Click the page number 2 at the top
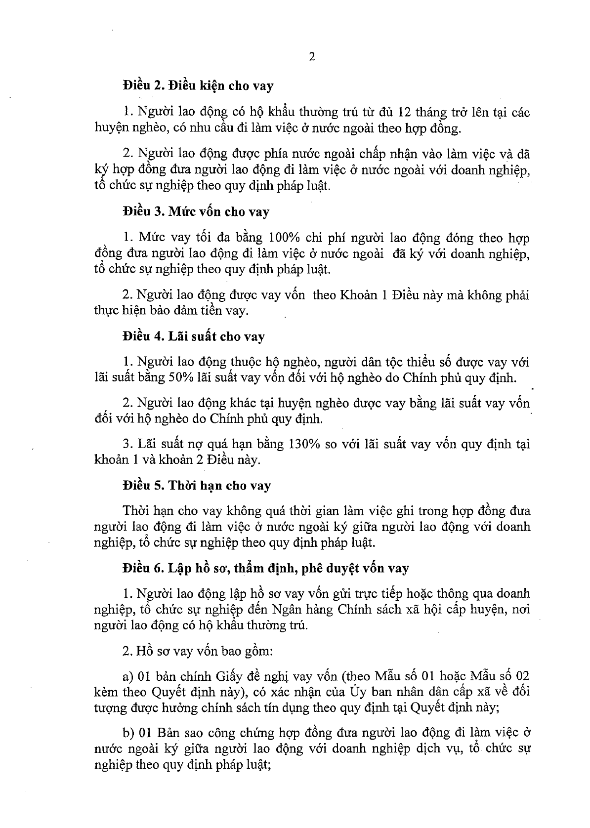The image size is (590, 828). (311, 56)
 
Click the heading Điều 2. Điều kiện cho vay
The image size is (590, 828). (198, 86)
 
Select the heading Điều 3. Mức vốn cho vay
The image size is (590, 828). (196, 212)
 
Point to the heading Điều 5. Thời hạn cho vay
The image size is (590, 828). (197, 486)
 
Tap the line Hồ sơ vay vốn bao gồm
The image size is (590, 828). (198, 651)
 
